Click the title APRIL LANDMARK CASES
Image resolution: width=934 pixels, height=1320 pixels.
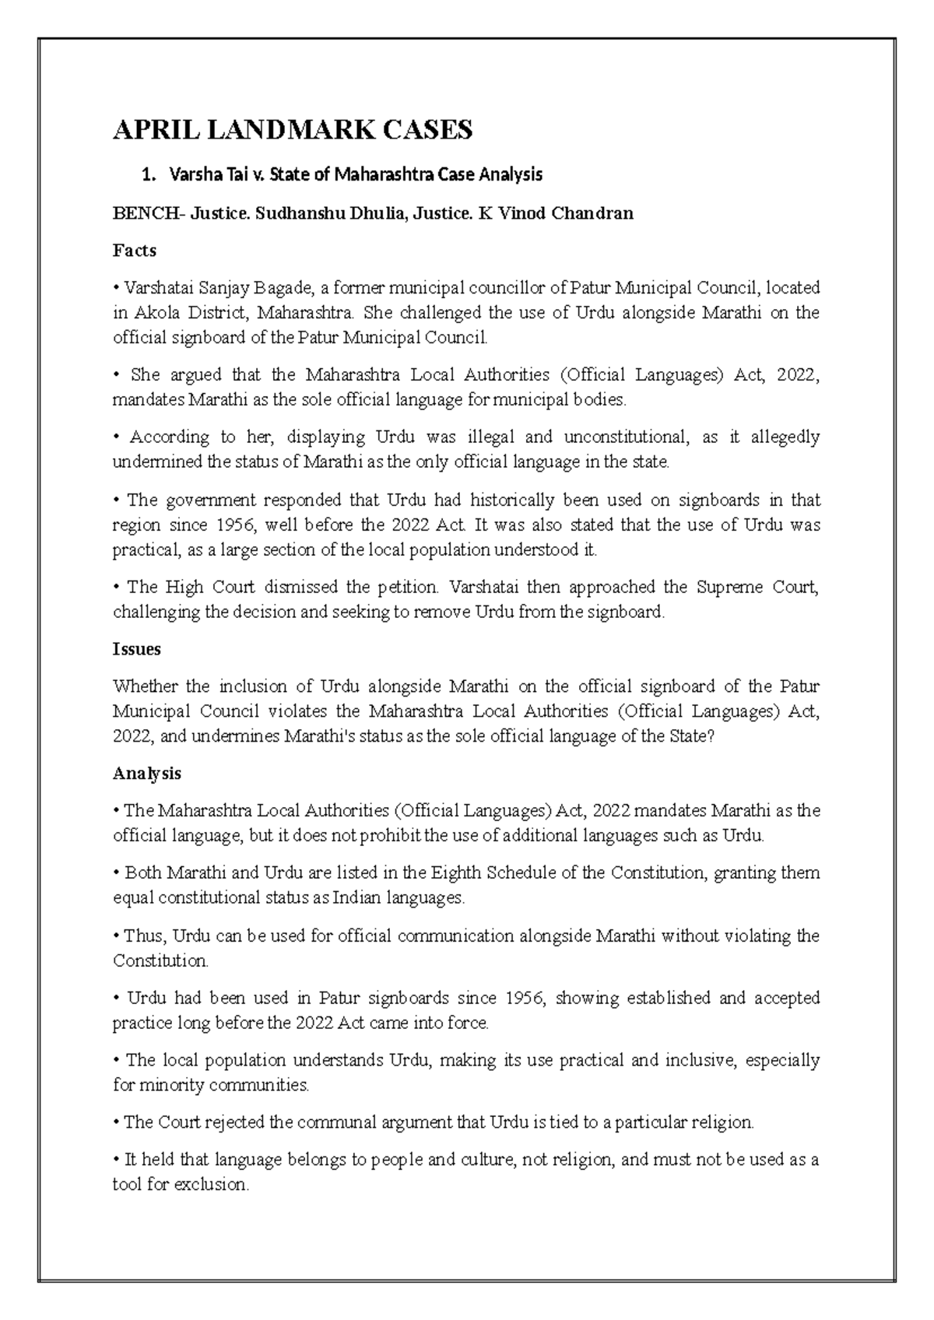(293, 130)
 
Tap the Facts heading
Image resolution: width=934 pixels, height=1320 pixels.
(134, 251)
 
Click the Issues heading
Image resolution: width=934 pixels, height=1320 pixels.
(136, 649)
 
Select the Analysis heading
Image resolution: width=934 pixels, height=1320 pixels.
(146, 774)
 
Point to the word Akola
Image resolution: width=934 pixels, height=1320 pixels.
(158, 313)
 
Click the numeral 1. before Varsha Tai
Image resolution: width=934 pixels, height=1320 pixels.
(149, 175)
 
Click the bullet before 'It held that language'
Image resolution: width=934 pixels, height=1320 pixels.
(116, 1160)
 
